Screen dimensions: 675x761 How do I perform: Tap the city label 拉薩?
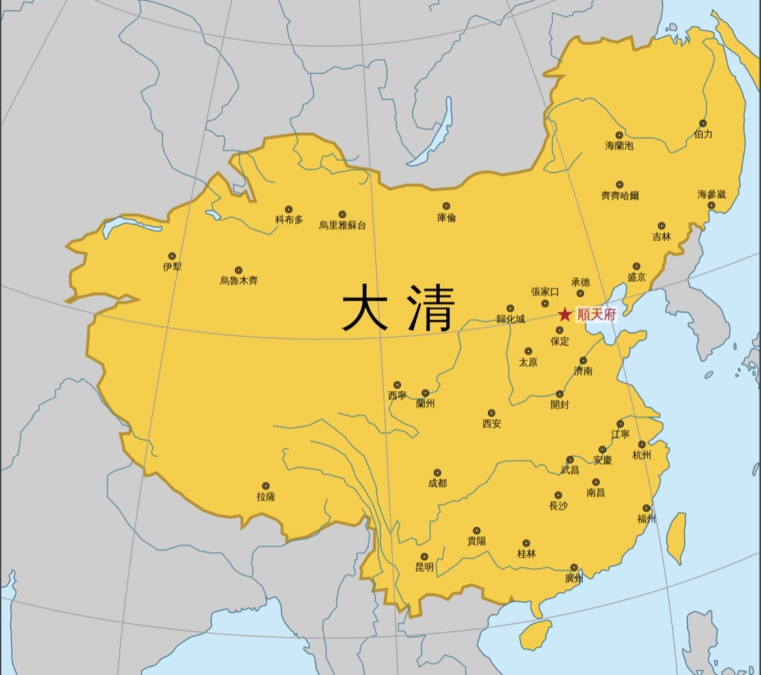[266, 497]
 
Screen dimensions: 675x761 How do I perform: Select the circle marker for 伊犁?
[172, 256]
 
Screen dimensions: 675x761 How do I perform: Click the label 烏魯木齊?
[239, 281]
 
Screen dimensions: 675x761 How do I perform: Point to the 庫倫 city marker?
[446, 206]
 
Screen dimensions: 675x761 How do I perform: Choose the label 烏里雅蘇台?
[342, 225]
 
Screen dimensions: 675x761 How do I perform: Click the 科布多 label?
[289, 220]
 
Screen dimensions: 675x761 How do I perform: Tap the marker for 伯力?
[702, 123]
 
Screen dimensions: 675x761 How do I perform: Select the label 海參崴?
[711, 194]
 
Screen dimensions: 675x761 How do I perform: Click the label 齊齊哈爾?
[620, 196]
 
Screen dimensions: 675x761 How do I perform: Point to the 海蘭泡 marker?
[619, 135]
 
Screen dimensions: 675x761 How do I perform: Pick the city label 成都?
[437, 484]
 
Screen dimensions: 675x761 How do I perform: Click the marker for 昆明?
[424, 557]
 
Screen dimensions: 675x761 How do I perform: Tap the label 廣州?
[574, 578]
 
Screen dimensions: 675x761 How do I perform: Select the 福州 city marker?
[647, 508]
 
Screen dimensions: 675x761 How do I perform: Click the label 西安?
[491, 424]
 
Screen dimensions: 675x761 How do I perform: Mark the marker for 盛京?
[637, 266]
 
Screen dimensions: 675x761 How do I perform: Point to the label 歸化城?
[510, 319]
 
